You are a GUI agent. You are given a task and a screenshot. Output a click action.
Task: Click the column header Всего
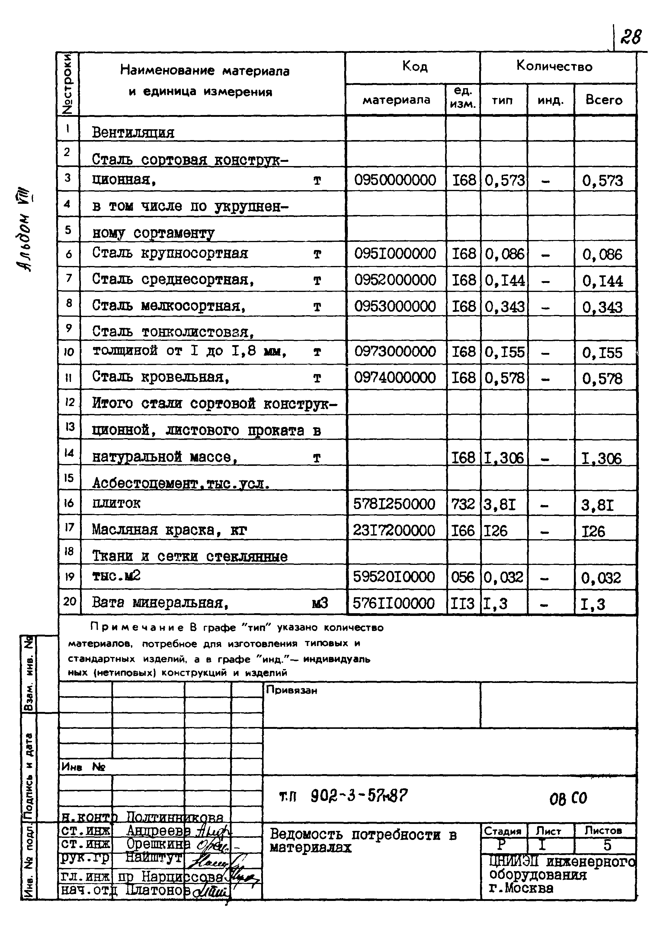[604, 100]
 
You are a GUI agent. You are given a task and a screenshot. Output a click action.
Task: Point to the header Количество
[554, 67]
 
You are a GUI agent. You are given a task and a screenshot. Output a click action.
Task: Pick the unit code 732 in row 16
[463, 504]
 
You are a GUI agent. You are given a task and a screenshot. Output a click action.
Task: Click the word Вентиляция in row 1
[133, 133]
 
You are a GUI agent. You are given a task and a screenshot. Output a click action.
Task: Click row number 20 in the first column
[69, 601]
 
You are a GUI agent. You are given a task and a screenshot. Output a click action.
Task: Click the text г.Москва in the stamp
[521, 888]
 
